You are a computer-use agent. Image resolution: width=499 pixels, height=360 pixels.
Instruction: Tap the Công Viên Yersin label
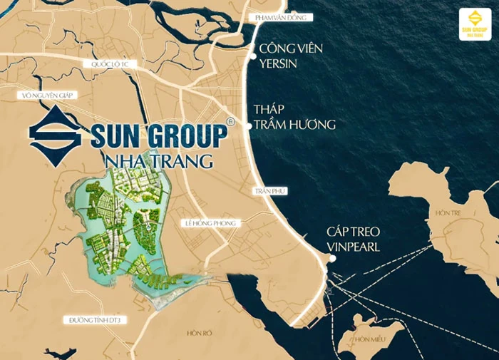point(291,56)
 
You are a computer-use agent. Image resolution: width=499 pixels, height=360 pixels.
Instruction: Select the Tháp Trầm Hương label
point(294,117)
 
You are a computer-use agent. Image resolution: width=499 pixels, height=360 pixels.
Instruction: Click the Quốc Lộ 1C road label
point(108,64)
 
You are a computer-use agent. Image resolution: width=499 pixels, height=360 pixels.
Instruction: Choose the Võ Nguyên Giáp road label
point(48,95)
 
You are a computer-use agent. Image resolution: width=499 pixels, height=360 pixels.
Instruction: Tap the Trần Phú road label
point(267,191)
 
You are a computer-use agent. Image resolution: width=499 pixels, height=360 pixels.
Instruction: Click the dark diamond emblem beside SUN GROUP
point(58,135)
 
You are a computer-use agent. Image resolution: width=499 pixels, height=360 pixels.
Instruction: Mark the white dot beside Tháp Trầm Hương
point(249,125)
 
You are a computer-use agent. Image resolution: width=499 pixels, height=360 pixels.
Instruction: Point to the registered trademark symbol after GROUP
point(230,122)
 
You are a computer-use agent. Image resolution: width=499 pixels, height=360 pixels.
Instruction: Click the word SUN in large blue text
point(118,135)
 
